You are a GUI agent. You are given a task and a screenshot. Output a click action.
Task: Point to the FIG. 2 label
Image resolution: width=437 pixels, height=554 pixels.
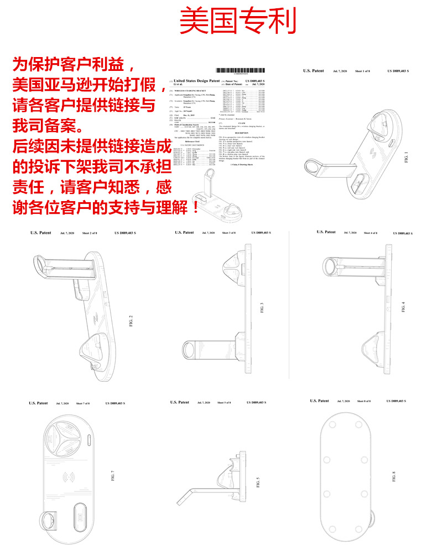tap(131, 320)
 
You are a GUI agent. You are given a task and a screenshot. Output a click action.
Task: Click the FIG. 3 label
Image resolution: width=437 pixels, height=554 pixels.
tap(261, 307)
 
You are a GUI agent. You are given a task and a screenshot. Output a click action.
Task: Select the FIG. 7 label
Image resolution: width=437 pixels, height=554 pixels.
tap(112, 475)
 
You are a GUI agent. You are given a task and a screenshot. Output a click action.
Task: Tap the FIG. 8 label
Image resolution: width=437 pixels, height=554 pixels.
tap(394, 476)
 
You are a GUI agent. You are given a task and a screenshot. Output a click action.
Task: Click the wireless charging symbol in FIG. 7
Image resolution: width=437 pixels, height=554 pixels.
tap(70, 476)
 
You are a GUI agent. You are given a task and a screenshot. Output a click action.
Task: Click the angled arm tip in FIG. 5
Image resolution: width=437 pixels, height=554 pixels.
tap(179, 504)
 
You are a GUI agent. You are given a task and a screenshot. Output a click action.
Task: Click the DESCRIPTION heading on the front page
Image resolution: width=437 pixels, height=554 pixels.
tap(241, 133)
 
